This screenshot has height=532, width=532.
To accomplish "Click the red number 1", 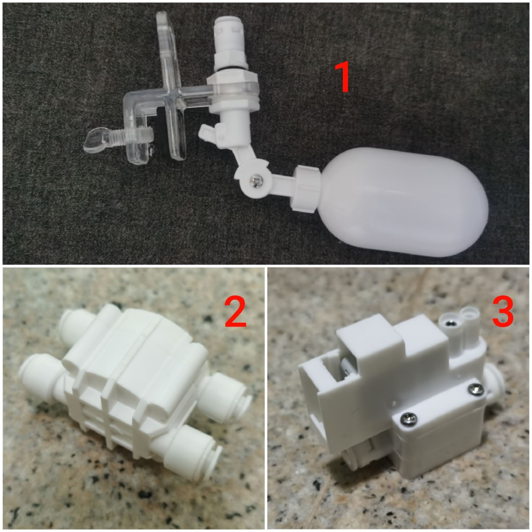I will [342, 77].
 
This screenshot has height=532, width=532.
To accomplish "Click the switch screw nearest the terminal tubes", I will [475, 391].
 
